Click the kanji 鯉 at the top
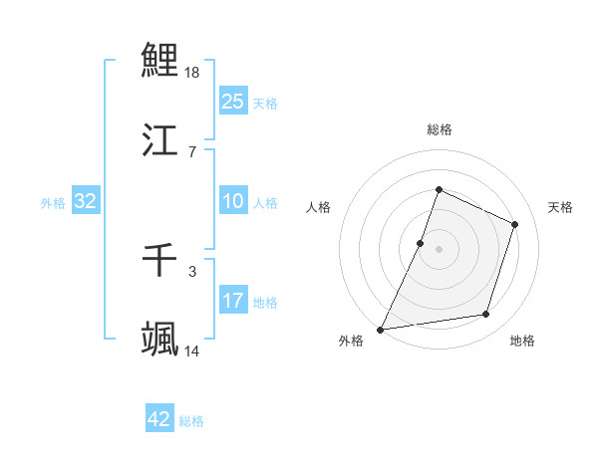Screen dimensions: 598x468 (x=159, y=60)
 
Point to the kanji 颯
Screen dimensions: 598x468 (x=159, y=339)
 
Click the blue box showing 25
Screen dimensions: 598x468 (x=232, y=101)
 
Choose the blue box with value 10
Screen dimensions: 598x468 (x=232, y=201)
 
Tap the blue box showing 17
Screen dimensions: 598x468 (x=232, y=300)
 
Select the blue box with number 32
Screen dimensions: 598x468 (x=86, y=201)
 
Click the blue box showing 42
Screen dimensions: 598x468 (x=159, y=419)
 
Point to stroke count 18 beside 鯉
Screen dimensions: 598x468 (x=193, y=73)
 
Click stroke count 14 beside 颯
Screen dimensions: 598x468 (x=193, y=351)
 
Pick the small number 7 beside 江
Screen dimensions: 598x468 (x=192, y=152)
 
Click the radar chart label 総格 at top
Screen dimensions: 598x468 (x=440, y=129)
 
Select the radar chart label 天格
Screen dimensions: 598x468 (x=560, y=207)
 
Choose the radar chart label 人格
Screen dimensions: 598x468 (x=319, y=207)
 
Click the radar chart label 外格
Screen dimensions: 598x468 (x=351, y=342)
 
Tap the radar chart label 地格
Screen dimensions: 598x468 (x=522, y=342)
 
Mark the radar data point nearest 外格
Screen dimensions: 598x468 (x=381, y=329)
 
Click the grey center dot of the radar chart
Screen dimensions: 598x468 (x=440, y=248)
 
